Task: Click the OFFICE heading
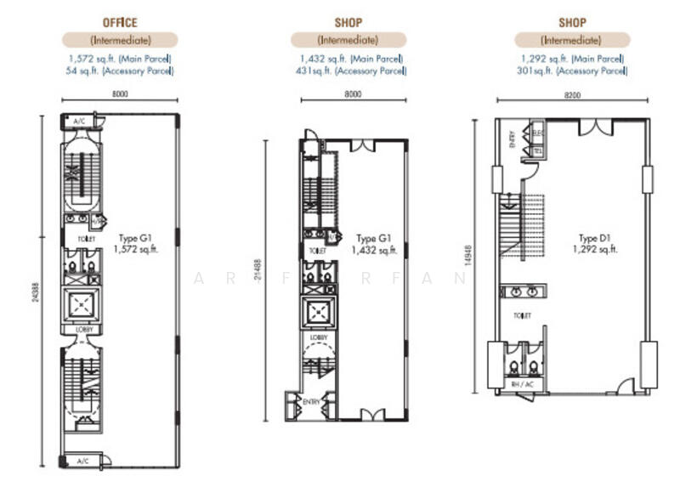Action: click(x=120, y=22)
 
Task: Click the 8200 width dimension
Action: click(x=572, y=95)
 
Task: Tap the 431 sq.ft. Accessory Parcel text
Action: click(x=350, y=71)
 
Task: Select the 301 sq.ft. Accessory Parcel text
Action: click(x=572, y=71)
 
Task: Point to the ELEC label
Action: click(x=538, y=133)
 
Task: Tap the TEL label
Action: click(x=538, y=150)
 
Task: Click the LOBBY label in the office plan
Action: click(x=83, y=329)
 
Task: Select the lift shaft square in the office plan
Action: click(x=83, y=304)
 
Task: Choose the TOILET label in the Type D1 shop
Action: click(x=521, y=316)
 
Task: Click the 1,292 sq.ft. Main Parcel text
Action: click(x=572, y=59)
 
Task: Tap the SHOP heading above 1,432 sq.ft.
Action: click(x=348, y=22)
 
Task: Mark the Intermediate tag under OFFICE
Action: click(x=120, y=40)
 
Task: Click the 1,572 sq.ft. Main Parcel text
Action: click(x=120, y=59)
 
